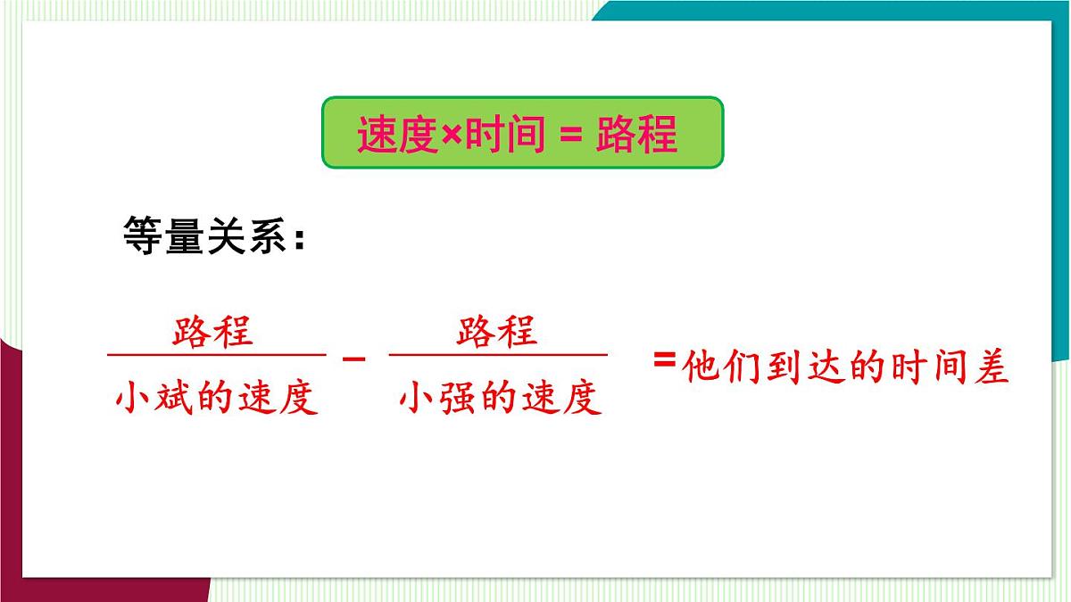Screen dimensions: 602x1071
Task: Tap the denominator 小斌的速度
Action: click(x=216, y=398)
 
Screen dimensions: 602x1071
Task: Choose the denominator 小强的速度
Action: click(x=500, y=398)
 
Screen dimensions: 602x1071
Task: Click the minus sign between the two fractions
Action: click(x=354, y=359)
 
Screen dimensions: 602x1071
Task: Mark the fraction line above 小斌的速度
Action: click(x=216, y=355)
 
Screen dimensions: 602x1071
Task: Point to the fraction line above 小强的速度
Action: click(x=498, y=355)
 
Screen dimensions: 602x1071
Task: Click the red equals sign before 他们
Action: click(x=664, y=359)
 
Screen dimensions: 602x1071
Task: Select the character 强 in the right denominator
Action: click(x=459, y=398)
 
